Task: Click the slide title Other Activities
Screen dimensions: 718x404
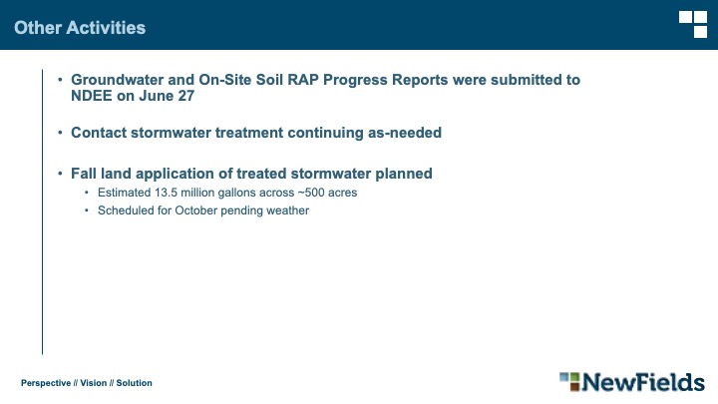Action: pos(80,28)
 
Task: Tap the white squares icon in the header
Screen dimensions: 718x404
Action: pos(693,24)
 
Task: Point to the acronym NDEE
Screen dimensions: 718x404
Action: pos(91,96)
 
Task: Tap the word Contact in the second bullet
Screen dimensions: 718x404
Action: pos(99,133)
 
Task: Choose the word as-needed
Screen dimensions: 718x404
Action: pos(405,133)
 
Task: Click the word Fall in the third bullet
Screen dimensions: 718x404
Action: pos(84,174)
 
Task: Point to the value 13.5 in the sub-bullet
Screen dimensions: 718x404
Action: pos(166,193)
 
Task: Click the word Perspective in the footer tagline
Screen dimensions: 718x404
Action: pos(46,383)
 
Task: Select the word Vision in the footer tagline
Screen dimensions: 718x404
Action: pos(94,383)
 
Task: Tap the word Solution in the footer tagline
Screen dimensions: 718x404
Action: pos(135,383)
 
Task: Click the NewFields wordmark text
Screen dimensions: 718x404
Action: pos(643,382)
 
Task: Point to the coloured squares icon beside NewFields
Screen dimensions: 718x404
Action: pos(569,381)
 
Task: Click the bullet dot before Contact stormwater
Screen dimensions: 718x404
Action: pos(60,133)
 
